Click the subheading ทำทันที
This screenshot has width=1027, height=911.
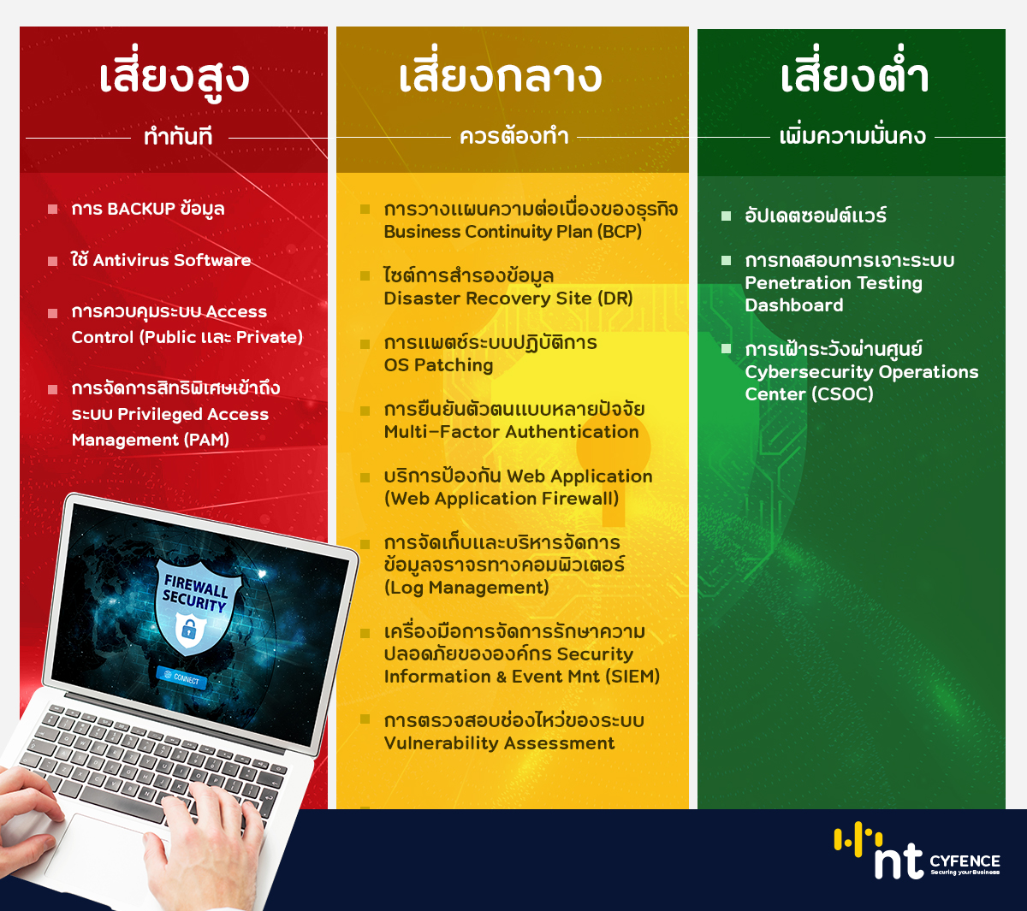178,137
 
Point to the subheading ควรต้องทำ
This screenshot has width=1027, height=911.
513,136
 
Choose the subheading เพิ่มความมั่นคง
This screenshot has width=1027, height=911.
852,135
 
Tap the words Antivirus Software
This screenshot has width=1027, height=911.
172,260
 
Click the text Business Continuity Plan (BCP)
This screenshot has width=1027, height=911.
513,232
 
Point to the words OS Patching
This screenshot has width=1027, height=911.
438,364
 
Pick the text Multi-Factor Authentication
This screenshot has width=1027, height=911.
511,432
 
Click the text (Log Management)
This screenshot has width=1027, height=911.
466,588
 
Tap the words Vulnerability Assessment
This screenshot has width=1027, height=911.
499,743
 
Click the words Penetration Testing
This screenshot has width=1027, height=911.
834,283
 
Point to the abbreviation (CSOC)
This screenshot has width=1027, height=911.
842,394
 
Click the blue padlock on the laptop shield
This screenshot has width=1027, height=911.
188,630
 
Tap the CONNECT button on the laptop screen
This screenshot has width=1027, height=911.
182,678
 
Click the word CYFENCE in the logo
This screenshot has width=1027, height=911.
965,861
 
